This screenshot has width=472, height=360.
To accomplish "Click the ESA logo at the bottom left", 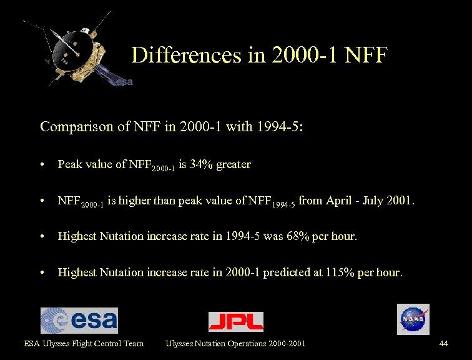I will (x=79, y=321).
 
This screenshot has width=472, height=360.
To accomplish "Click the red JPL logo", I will (x=235, y=321).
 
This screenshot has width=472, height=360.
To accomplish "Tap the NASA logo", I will (x=413, y=319).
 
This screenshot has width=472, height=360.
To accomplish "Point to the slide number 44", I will (x=443, y=343).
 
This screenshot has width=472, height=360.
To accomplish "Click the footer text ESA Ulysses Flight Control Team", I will (x=84, y=343).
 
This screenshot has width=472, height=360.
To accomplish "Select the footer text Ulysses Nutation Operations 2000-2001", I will (x=235, y=343).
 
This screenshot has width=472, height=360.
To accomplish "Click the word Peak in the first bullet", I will (x=69, y=164).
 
